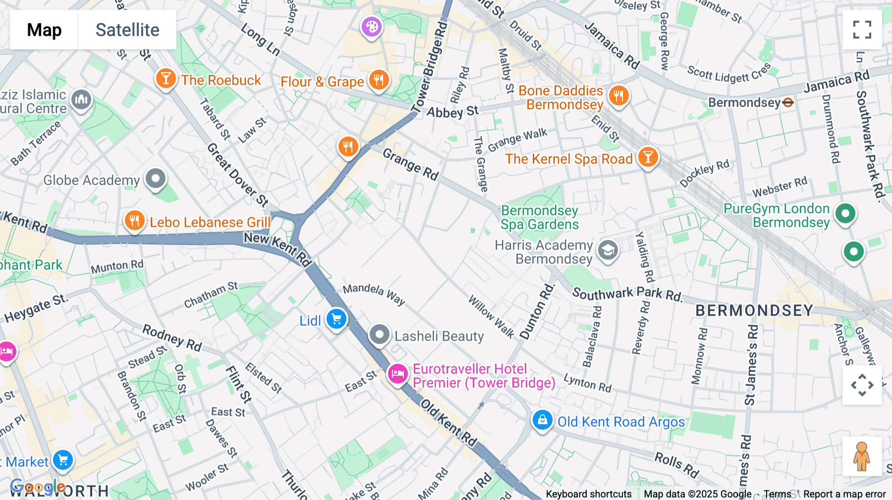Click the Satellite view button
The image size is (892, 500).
[x=127, y=30]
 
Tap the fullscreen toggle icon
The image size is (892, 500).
[x=862, y=30]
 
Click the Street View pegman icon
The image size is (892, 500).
[x=862, y=456]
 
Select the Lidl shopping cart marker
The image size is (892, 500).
[x=336, y=319]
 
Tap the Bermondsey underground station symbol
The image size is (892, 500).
[x=788, y=102]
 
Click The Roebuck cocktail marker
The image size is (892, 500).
[x=166, y=79]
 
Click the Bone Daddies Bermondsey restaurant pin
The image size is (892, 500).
[x=618, y=95]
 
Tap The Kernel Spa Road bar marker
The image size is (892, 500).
[x=647, y=157]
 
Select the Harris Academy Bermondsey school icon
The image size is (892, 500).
[x=608, y=250]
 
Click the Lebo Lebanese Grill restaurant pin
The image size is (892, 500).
[x=134, y=220]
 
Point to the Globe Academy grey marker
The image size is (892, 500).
[x=156, y=178]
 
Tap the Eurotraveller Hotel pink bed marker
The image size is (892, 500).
[x=397, y=374]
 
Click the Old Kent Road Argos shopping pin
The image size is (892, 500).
[x=542, y=420]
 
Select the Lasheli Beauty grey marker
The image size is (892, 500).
[x=380, y=335]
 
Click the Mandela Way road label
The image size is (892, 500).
[x=374, y=294]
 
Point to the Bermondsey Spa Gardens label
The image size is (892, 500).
[x=540, y=217]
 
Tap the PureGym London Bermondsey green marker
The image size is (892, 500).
[x=845, y=214]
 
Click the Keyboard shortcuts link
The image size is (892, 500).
[x=588, y=494]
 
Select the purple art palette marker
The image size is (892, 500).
[x=372, y=26]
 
